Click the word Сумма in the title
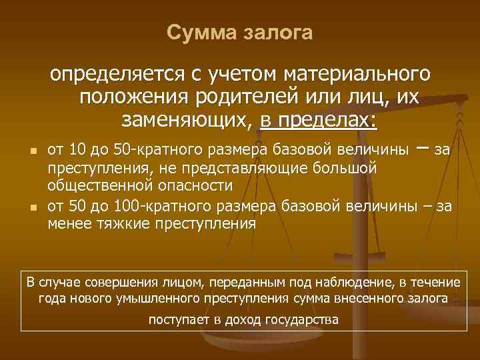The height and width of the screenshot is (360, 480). coord(196,33)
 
